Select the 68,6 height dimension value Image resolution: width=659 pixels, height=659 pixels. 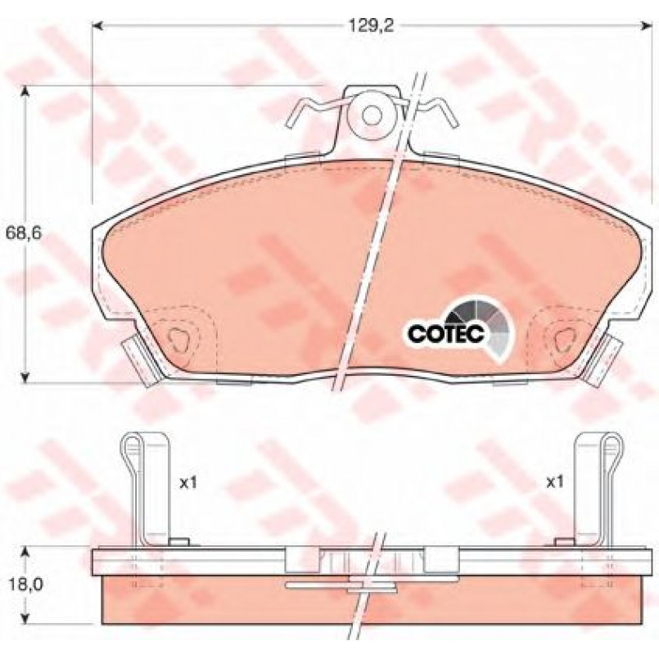pos(24,233)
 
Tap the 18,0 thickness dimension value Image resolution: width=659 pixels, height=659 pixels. pos(24,585)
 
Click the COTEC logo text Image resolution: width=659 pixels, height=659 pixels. pos(446,334)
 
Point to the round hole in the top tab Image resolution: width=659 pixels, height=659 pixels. pos(372,115)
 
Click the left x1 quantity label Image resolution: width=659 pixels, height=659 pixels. pos(188,484)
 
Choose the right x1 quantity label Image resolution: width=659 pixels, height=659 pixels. pos(554,483)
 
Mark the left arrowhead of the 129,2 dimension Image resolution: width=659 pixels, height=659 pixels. pos(97,26)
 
